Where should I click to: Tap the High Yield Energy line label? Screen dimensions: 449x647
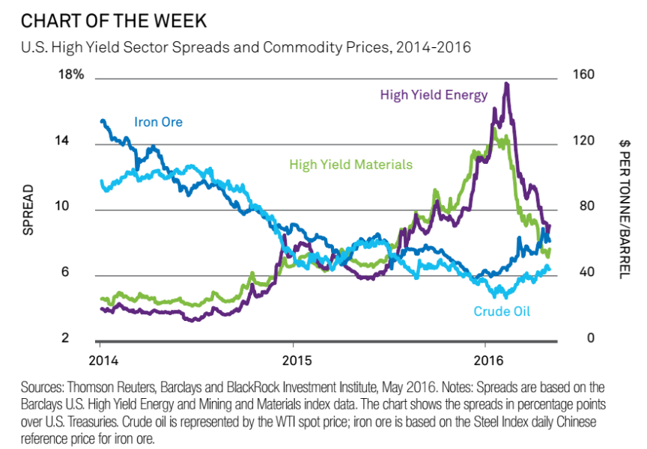(434, 95)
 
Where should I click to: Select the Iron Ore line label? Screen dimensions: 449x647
(158, 122)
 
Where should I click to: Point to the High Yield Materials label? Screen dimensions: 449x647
(350, 165)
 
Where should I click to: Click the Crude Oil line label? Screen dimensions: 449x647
(502, 311)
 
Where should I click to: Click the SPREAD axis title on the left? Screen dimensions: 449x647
(28, 210)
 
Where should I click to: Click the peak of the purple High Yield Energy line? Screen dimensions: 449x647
(507, 84)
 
